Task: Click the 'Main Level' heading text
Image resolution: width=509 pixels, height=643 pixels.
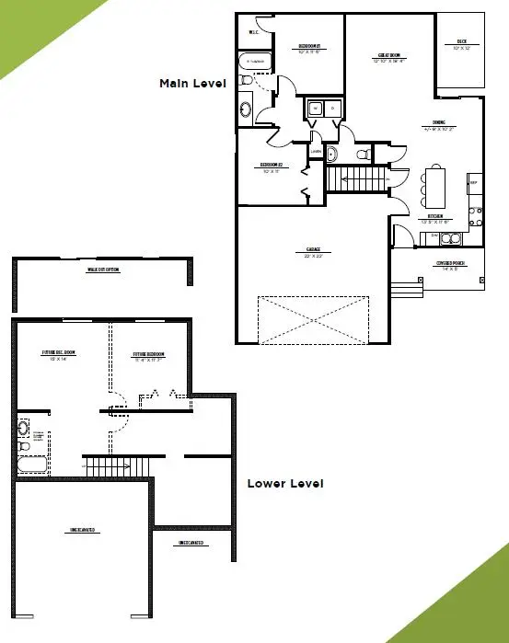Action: click(x=192, y=83)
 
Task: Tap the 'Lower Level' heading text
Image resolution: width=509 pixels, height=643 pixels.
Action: click(x=285, y=483)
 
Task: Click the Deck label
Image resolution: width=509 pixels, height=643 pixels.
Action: click(x=460, y=42)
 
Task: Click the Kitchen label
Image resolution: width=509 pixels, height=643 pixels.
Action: click(x=432, y=218)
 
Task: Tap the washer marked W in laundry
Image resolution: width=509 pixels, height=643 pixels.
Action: click(x=315, y=109)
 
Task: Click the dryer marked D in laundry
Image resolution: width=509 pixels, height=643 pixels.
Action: click(x=331, y=109)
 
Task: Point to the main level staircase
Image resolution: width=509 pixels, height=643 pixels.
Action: click(x=356, y=178)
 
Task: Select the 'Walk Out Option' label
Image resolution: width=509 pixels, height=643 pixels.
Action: click(x=103, y=270)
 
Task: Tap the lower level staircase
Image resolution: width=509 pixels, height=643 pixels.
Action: click(x=118, y=466)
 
